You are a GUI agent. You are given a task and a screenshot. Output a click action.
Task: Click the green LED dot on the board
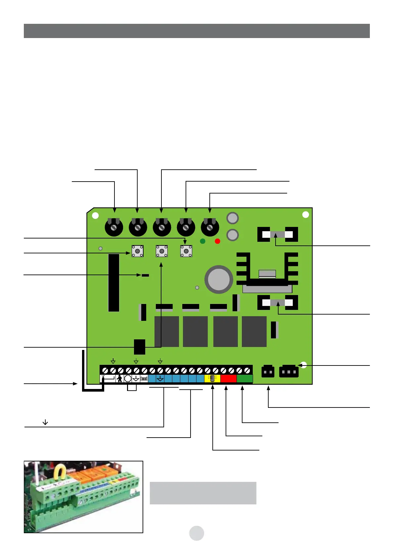203,241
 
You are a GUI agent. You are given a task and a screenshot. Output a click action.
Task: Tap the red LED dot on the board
217,241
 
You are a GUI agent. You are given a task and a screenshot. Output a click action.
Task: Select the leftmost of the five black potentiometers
114,227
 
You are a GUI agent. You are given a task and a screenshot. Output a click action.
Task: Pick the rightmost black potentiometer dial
210,227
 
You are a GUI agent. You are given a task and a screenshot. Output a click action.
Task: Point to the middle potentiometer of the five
162,227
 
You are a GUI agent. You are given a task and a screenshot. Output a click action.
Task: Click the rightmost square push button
186,251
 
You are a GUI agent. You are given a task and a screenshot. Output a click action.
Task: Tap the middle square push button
162,251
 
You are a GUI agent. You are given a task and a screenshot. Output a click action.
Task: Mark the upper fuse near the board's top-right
278,235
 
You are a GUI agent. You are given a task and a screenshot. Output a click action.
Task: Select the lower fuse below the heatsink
278,302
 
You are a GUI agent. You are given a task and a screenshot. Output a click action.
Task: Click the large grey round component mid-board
219,279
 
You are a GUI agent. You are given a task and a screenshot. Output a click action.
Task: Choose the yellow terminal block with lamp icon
212,379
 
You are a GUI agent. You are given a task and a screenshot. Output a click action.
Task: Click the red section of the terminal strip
229,379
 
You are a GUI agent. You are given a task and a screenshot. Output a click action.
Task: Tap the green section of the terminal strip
245,379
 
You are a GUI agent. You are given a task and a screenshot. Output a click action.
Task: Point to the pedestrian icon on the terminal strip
119,379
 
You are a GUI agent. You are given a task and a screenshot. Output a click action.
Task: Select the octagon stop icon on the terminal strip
128,379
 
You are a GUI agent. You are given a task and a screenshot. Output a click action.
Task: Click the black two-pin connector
268,371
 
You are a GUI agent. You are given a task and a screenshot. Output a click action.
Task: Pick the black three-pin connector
289,371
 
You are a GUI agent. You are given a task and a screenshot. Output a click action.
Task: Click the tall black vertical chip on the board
114,283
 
